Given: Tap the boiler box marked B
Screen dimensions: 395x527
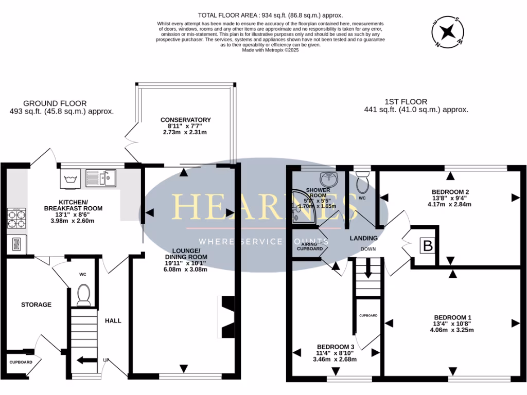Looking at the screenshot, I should point(427,246).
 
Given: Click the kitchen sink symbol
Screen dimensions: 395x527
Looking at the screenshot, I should point(101,178).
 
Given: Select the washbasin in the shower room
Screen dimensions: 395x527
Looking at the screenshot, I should point(328,178).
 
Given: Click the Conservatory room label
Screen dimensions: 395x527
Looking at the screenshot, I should point(185,120).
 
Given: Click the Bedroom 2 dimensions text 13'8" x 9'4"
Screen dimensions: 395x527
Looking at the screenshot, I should point(450,197).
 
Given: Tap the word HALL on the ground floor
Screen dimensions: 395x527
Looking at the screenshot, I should point(113,320).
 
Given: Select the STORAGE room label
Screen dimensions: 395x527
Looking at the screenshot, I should point(36,304).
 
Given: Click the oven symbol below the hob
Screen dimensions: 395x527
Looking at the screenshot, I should point(15,244).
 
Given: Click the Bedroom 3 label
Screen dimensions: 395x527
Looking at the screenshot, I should point(336,346).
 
